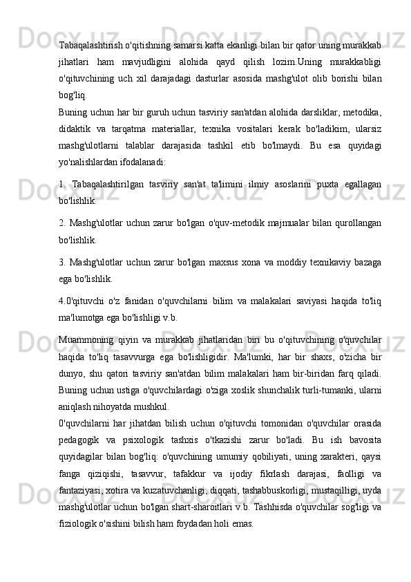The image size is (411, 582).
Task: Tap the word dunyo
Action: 71,373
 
